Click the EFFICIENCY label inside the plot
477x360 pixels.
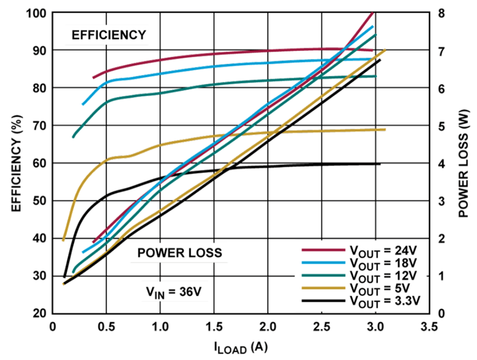pyautogui.click(x=109, y=35)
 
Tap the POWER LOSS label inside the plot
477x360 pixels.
pyautogui.click(x=180, y=253)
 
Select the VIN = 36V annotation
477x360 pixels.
pyautogui.click(x=173, y=292)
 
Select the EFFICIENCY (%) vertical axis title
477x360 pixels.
pyautogui.click(x=16, y=162)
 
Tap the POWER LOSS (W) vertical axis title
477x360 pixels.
pyautogui.click(x=463, y=162)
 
